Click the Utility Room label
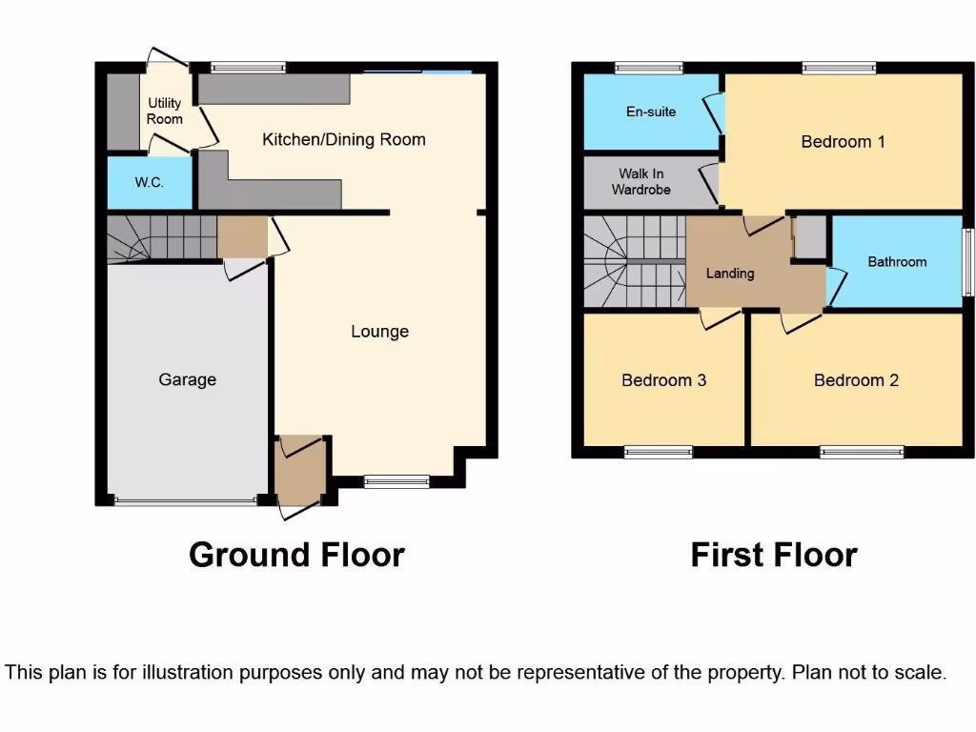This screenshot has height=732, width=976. point(164,111)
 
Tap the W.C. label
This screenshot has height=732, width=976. point(150,182)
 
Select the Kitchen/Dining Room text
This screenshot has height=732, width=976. point(343,139)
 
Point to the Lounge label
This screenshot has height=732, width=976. point(379,332)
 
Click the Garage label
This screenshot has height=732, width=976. point(187,379)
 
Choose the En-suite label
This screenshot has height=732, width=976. point(651,112)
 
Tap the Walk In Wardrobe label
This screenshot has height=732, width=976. point(640,181)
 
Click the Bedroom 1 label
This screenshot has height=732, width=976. point(843,142)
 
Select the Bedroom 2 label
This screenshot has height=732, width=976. point(856,380)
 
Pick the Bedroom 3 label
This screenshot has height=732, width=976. point(663,380)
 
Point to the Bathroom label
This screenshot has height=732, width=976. point(897,261)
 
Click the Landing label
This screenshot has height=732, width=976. point(730,274)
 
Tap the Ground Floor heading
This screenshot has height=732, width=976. point(296,554)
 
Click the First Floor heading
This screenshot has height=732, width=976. point(774,554)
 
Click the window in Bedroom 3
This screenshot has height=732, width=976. point(658,453)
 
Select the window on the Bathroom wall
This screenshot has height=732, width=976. point(966,261)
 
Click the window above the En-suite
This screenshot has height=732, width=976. point(648,68)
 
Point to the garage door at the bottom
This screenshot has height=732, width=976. point(186,499)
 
